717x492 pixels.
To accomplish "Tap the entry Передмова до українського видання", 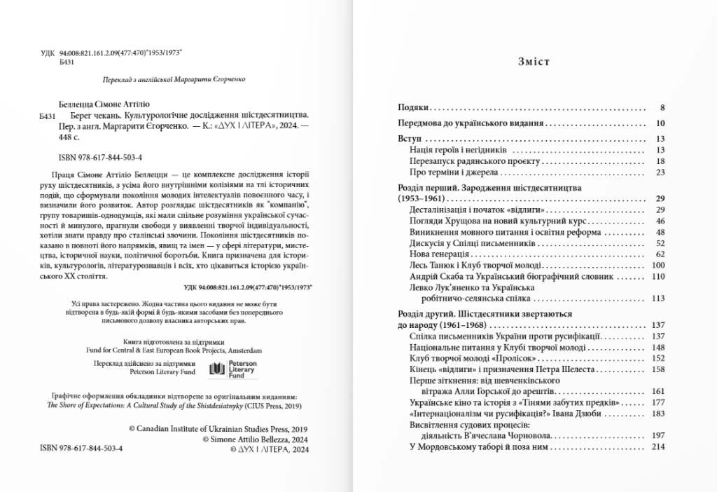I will (467, 123).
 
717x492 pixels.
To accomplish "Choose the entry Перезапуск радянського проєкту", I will (465, 160).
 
